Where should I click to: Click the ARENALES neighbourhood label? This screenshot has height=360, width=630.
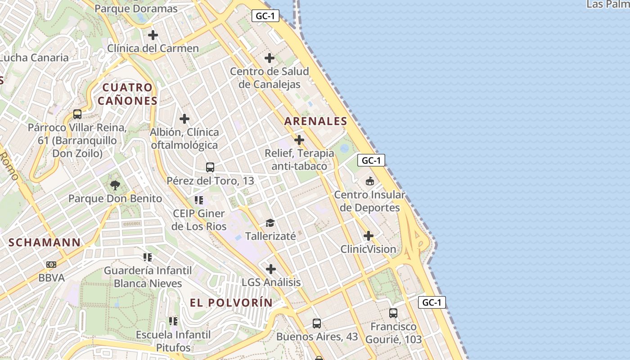pos(316,121)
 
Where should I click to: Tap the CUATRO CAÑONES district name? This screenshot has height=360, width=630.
pos(128,94)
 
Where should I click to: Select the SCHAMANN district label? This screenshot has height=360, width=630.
pos(45,242)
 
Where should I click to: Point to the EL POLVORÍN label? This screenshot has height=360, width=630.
pos(231,303)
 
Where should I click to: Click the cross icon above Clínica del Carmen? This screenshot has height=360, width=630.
pos(153,35)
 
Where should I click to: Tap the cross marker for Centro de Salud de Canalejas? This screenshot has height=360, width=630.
pos(270,58)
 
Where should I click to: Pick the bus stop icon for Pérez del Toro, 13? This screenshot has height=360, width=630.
pos(210,167)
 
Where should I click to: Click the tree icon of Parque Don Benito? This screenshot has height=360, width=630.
pos(115,185)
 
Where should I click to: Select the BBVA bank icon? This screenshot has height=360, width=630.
pos(51,265)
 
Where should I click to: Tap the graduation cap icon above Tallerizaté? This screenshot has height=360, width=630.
pos(270,223)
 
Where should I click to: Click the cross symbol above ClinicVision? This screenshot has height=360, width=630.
pos(369,236)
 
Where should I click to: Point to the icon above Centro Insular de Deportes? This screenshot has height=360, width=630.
pos(370,181)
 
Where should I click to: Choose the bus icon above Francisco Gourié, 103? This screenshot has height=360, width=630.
pos(393,313)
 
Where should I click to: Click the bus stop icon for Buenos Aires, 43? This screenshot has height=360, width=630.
pos(317,323)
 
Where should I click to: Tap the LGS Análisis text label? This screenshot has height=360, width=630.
pos(271,283)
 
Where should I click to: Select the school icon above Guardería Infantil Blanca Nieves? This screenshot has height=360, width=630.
pos(148,257)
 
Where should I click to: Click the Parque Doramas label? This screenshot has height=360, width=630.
pos(136,9)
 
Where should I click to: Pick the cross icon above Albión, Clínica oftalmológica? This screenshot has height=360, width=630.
pos(184,119)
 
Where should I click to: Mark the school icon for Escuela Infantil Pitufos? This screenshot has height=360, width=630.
pos(173,321)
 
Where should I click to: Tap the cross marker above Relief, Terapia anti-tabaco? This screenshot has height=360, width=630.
pos(299,140)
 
